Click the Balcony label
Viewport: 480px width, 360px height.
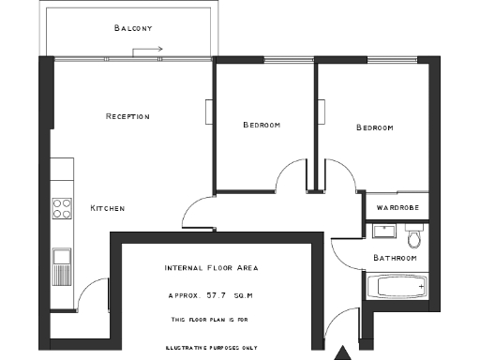[x=132, y=28]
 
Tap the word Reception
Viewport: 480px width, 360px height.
[x=127, y=116]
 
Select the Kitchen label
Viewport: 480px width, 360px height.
[x=107, y=207]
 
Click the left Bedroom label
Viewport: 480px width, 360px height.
[x=262, y=126]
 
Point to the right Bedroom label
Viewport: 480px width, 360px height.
[x=374, y=127]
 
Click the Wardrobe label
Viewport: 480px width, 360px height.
[x=397, y=207]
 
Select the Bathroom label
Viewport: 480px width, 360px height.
[x=395, y=258]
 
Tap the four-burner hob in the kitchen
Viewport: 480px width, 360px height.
[x=63, y=208]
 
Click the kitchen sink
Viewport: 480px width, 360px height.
[x=62, y=255]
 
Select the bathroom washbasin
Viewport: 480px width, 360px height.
[x=383, y=231]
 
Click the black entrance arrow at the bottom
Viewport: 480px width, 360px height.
[x=344, y=352]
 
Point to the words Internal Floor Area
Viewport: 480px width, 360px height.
[x=211, y=268]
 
